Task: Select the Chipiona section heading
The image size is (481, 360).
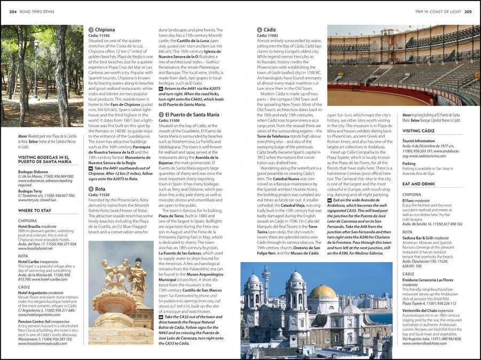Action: coord(105,30)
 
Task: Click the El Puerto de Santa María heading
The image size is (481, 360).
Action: coord(192,114)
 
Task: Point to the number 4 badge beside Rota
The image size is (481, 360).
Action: coord(91,189)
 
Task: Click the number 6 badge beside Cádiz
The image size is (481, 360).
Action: coord(259,30)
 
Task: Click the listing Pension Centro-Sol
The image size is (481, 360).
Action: coord(36,322)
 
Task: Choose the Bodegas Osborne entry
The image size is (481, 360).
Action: coord(33,172)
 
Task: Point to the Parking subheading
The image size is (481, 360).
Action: coord(409,164)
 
